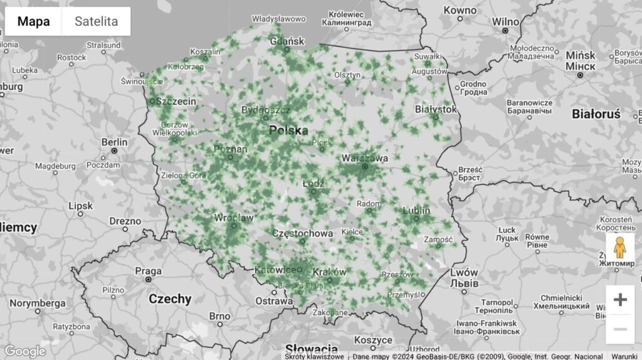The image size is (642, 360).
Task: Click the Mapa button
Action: (x=34, y=21)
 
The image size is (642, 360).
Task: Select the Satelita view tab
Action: (x=96, y=21)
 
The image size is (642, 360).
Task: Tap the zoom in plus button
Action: (x=619, y=300)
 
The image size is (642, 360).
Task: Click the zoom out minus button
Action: (x=619, y=329)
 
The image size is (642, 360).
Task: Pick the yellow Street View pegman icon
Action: (x=619, y=248)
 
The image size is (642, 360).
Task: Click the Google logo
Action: (x=25, y=351)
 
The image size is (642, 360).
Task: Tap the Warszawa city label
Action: (x=364, y=158)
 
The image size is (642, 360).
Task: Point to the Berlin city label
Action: (x=115, y=142)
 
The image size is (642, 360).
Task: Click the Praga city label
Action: (x=149, y=271)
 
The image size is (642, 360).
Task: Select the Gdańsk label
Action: (x=287, y=42)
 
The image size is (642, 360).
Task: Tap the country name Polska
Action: (x=288, y=130)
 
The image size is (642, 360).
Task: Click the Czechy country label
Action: (x=170, y=299)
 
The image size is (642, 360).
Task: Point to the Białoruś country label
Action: (x=596, y=114)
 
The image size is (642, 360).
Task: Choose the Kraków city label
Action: (x=328, y=272)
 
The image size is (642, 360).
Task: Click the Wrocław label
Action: (x=233, y=218)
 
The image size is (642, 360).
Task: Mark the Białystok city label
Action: (x=436, y=109)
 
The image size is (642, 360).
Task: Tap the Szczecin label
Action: (x=176, y=101)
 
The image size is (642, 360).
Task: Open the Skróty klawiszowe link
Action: (x=314, y=356)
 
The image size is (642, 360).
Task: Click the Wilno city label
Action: (x=505, y=22)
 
